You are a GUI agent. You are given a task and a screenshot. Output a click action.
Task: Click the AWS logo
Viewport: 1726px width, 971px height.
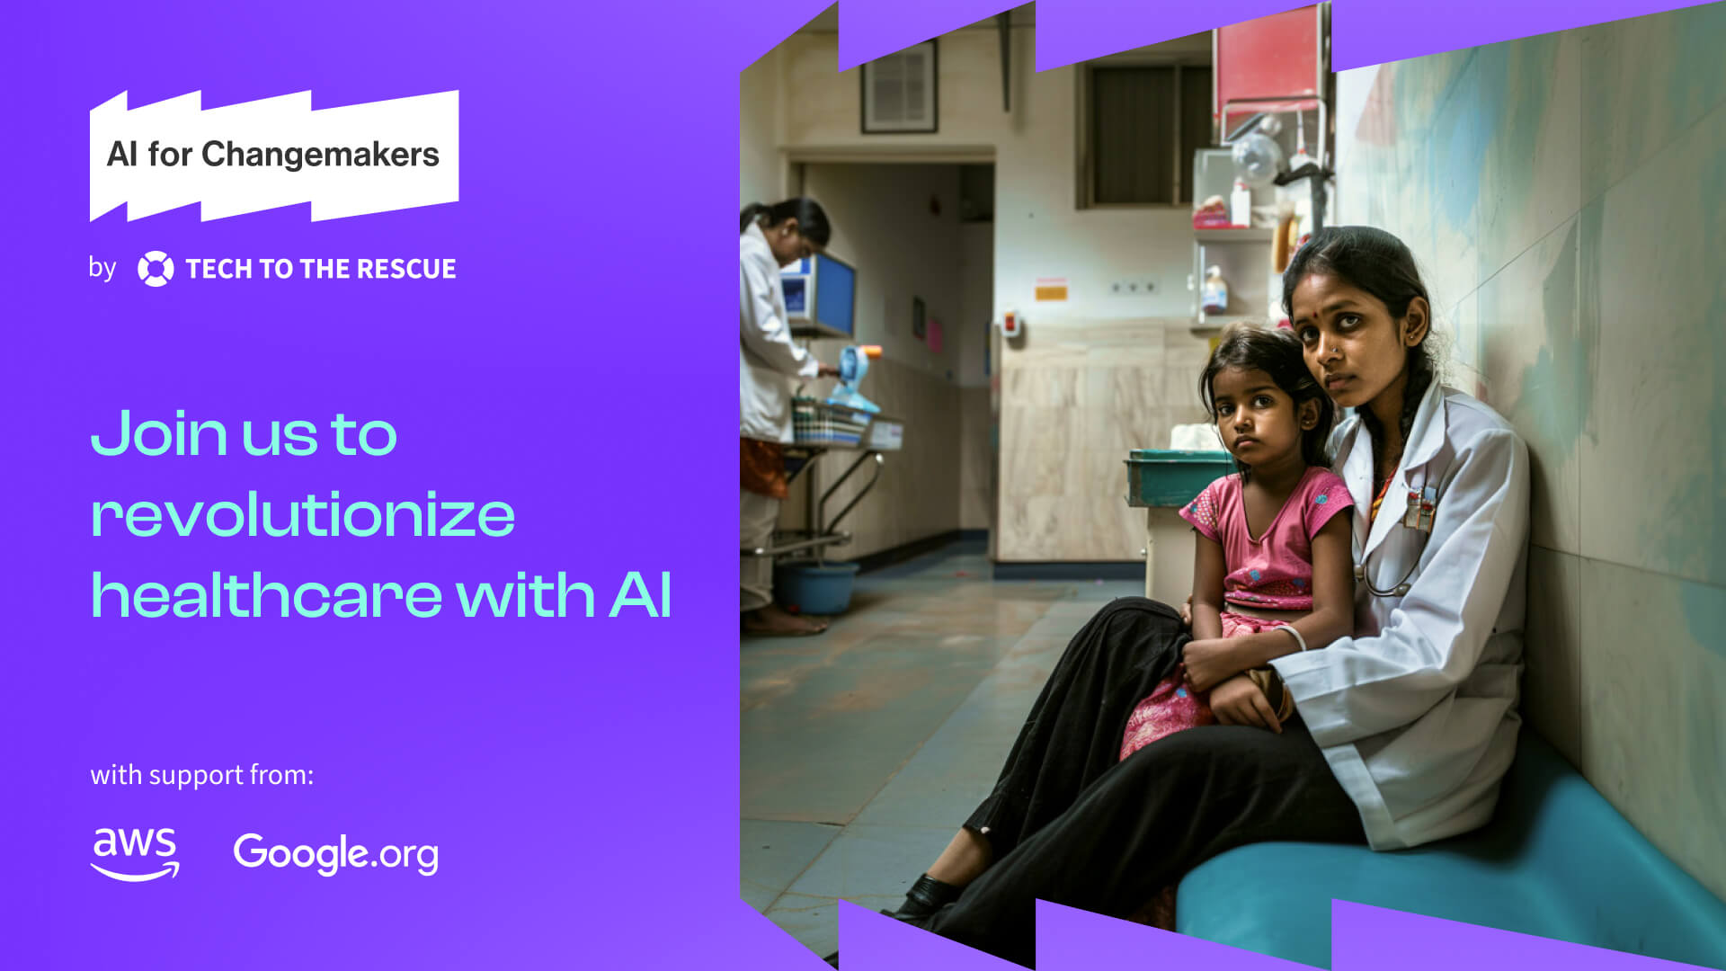[x=135, y=853]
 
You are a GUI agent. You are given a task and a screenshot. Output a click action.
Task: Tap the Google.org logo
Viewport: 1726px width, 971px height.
[x=335, y=853]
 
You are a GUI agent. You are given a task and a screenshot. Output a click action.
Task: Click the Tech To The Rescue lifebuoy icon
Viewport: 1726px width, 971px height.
[x=156, y=269]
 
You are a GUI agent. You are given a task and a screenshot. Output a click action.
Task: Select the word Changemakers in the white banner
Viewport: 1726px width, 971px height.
[x=320, y=155]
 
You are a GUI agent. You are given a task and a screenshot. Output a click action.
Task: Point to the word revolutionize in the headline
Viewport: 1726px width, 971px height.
[x=303, y=515]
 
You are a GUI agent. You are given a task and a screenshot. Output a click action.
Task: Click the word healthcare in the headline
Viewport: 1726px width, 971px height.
[x=267, y=596]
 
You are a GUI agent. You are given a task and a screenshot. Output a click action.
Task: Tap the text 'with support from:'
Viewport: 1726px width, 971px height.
[x=201, y=775]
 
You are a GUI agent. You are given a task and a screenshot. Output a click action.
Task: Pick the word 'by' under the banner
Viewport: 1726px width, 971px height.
[x=102, y=268]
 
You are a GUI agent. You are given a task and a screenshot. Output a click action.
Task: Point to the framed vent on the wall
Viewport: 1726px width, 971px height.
[x=899, y=86]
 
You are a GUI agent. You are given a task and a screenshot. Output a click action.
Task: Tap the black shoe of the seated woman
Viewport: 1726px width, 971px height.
[x=926, y=897]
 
